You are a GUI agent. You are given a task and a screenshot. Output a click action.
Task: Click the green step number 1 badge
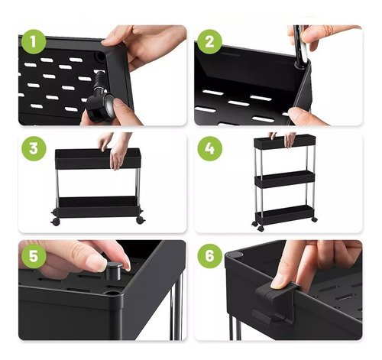tap(34, 41)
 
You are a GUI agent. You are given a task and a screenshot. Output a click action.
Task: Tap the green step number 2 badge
tap(209, 41)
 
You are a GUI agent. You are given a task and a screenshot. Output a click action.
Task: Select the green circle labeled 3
tap(34, 148)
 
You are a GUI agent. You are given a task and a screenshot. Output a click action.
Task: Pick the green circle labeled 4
tap(209, 148)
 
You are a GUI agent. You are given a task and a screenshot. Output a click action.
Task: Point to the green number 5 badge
tap(34, 256)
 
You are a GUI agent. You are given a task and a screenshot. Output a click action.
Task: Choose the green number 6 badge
tap(209, 256)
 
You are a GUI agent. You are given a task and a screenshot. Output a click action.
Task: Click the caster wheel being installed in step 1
tap(100, 99)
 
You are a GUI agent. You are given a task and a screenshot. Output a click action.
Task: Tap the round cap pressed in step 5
tap(114, 271)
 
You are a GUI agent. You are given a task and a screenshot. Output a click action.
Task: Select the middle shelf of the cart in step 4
tap(285, 179)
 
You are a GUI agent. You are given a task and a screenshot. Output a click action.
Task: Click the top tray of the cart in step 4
tap(285, 141)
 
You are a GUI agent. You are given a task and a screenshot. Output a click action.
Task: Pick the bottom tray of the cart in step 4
tap(284, 215)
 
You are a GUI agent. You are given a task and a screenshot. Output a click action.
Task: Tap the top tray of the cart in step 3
tap(98, 158)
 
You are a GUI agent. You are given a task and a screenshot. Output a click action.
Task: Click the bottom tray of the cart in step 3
tap(98, 206)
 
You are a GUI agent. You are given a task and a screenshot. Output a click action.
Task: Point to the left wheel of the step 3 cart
tap(55, 222)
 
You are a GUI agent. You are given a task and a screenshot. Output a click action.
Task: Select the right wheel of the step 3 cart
tap(141, 220)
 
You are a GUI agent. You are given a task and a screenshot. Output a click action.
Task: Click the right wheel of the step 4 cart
tap(314, 219)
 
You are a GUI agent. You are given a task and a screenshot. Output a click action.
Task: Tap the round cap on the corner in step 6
tap(238, 255)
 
